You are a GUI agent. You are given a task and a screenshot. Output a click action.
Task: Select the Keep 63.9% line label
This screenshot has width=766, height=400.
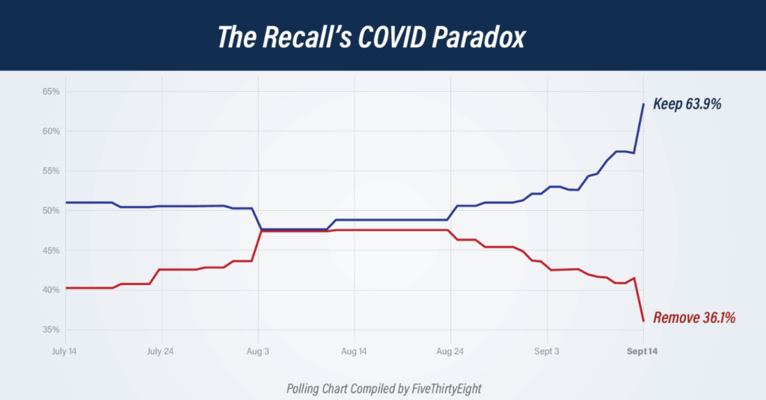click(687, 105)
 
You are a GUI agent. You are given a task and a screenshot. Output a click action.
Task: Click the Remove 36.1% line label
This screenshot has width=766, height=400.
click(693, 318)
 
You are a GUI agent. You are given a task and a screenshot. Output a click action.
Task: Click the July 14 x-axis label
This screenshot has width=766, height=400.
click(65, 350)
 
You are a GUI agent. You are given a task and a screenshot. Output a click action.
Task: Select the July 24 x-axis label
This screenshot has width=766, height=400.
click(162, 350)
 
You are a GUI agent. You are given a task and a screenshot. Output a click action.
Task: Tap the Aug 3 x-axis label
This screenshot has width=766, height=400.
click(258, 350)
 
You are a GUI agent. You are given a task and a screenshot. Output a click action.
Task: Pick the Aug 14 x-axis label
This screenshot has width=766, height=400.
click(354, 350)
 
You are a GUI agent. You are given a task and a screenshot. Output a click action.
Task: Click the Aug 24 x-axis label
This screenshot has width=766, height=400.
click(450, 350)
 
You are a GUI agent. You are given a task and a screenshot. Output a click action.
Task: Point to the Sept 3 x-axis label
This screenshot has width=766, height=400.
click(547, 350)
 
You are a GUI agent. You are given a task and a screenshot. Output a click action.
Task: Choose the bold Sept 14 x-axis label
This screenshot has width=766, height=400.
click(642, 350)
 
